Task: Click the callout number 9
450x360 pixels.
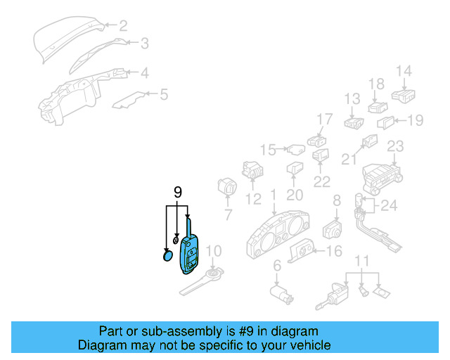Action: (x=178, y=192)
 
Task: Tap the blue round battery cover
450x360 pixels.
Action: (x=168, y=255)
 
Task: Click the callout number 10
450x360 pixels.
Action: (x=214, y=251)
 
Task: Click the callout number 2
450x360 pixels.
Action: (x=123, y=27)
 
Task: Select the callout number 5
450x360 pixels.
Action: (x=163, y=94)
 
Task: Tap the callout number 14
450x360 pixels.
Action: (x=404, y=71)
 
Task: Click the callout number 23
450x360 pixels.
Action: (x=396, y=146)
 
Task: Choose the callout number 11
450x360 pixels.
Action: (x=361, y=262)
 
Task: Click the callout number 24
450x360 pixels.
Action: (x=390, y=206)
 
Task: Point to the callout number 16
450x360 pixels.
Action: (x=334, y=251)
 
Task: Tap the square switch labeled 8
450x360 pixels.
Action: (x=332, y=229)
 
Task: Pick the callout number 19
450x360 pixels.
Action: (x=416, y=121)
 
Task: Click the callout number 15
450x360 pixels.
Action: (x=268, y=149)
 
